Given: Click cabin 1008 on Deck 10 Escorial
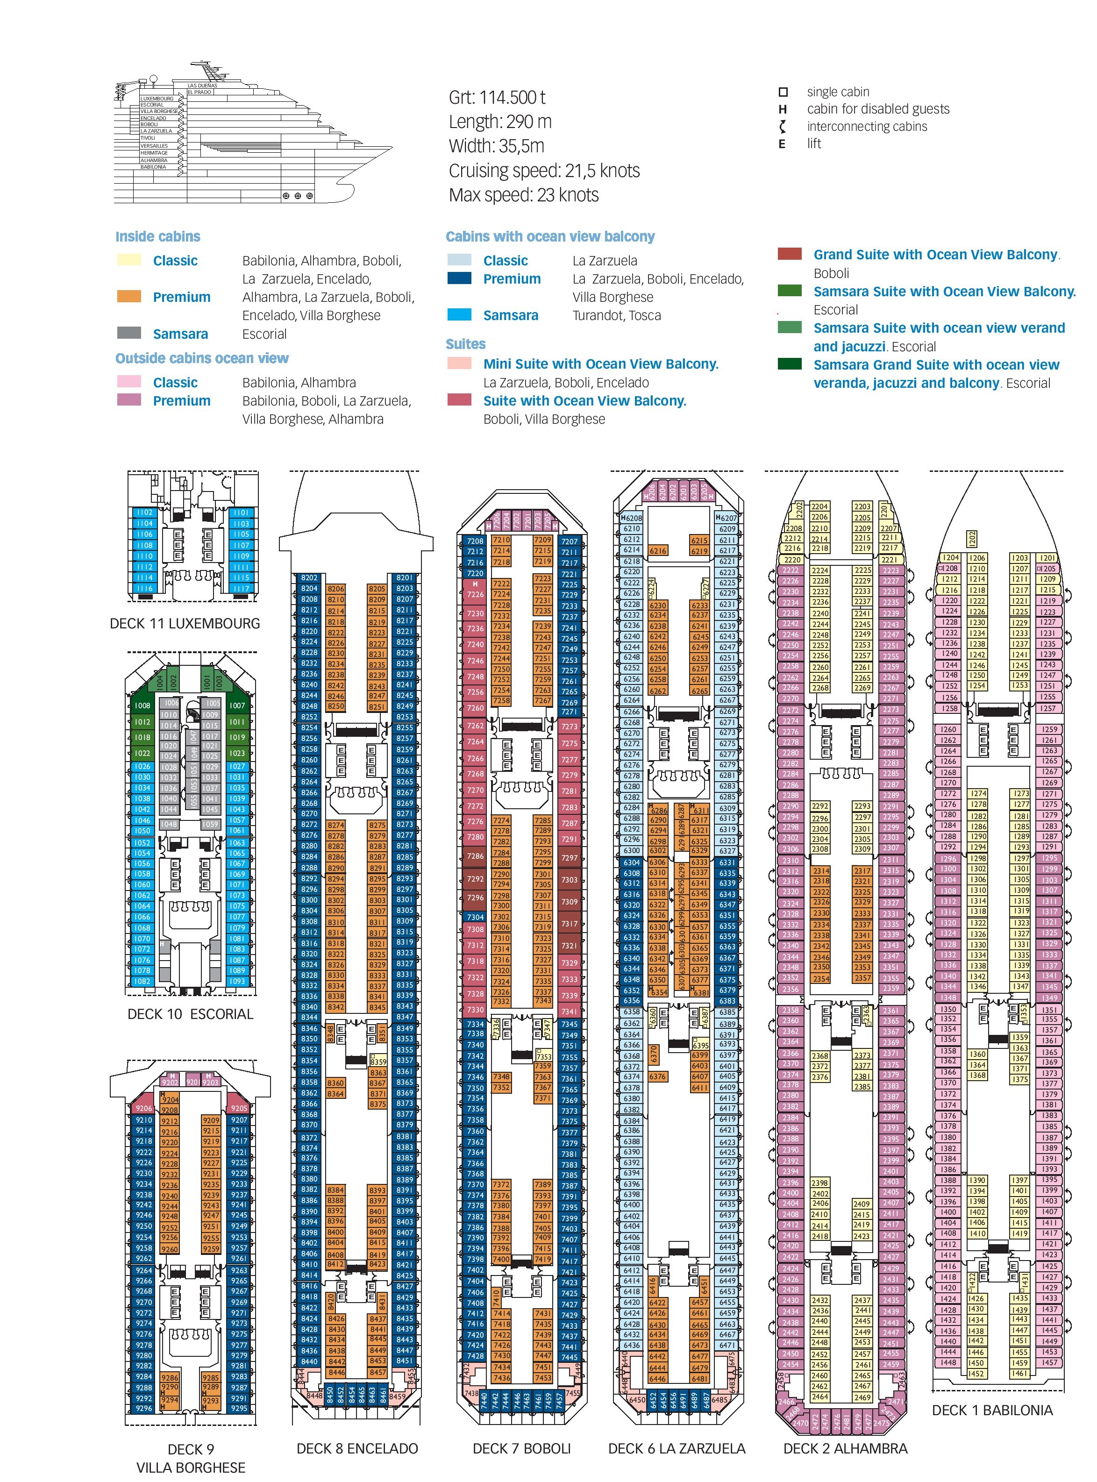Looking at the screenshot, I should click(x=142, y=705).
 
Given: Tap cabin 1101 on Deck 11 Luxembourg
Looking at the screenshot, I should click(x=241, y=513).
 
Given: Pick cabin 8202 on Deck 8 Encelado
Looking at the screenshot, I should click(x=309, y=577).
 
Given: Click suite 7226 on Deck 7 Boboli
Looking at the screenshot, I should click(x=475, y=594).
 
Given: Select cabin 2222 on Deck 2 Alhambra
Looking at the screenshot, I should click(x=790, y=570).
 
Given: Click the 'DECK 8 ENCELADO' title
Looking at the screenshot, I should click(x=357, y=1448).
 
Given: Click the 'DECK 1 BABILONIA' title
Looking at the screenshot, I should click(x=992, y=1410).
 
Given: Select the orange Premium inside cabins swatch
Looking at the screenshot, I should click(x=129, y=297).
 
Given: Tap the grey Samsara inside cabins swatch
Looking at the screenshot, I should click(x=129, y=333).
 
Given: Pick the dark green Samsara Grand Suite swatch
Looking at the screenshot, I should click(x=790, y=364).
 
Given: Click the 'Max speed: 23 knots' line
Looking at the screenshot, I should click(x=523, y=195).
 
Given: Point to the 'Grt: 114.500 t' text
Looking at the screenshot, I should click(x=497, y=98).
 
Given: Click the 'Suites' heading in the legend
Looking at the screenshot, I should click(x=465, y=344).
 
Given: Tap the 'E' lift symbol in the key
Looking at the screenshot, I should click(x=782, y=144).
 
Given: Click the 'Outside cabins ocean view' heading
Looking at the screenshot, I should click(x=202, y=358).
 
